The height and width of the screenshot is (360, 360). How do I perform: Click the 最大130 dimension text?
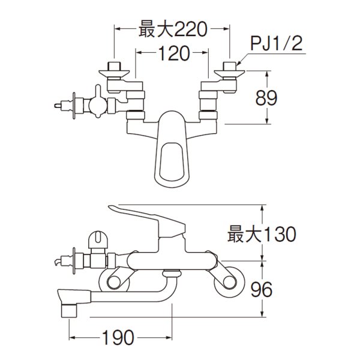point(262,233)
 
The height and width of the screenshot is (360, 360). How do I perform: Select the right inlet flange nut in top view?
point(229,70)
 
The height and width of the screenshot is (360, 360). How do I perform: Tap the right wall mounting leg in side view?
point(230,279)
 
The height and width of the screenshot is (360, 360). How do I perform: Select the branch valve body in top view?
point(96,106)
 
